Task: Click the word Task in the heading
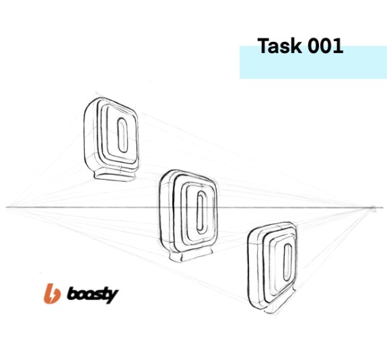[279, 46]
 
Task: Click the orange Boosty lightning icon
[52, 293]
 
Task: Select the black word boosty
[93, 295]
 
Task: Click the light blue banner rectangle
[313, 62]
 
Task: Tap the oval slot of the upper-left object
[122, 135]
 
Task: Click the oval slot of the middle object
[202, 212]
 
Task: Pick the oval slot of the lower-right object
[288, 262]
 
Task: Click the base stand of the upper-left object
[115, 175]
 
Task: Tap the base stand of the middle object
[190, 256]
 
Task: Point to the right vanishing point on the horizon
[373, 209]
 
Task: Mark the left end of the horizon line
[6, 207]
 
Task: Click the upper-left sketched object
[111, 139]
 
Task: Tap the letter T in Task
[264, 46]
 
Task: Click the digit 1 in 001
[339, 46]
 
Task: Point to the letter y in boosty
[112, 297]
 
